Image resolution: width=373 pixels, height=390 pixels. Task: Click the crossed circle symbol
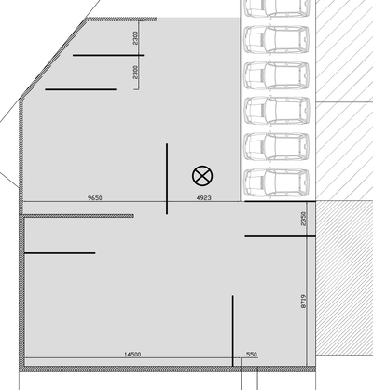pyautogui.click(x=202, y=176)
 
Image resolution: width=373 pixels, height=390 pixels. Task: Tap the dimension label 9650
pyautogui.click(x=95, y=197)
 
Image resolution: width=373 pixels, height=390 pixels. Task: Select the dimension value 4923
pyautogui.click(x=204, y=197)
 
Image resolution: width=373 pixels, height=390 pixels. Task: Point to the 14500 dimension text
pyautogui.click(x=132, y=354)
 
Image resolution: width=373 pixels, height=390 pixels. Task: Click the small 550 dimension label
pyautogui.click(x=252, y=354)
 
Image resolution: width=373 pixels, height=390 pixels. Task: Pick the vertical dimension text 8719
pyautogui.click(x=304, y=301)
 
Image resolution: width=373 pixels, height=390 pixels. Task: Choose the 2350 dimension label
pyautogui.click(x=304, y=219)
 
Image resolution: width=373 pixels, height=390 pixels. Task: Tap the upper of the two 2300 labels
pyautogui.click(x=135, y=38)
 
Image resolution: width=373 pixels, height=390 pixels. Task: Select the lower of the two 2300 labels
pyautogui.click(x=135, y=72)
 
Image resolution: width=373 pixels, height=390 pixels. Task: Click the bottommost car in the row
pyautogui.click(x=277, y=183)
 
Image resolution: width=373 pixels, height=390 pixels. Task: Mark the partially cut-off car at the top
pyautogui.click(x=277, y=8)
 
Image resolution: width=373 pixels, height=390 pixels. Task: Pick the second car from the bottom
pyautogui.click(x=277, y=147)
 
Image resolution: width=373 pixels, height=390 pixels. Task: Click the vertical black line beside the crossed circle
pyautogui.click(x=167, y=179)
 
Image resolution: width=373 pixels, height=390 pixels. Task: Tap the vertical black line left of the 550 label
pyautogui.click(x=232, y=330)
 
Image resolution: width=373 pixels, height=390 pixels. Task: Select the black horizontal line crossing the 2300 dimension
pyautogui.click(x=108, y=55)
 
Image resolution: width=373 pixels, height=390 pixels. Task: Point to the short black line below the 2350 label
pyautogui.click(x=281, y=236)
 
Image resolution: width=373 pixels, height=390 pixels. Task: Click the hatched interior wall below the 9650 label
pyautogui.click(x=76, y=216)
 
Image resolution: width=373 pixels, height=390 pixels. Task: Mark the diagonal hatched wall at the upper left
pyautogui.click(x=53, y=59)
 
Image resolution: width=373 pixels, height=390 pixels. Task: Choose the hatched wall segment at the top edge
pyautogui.click(x=121, y=20)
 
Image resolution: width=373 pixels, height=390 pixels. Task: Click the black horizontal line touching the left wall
pyautogui.click(x=60, y=253)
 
